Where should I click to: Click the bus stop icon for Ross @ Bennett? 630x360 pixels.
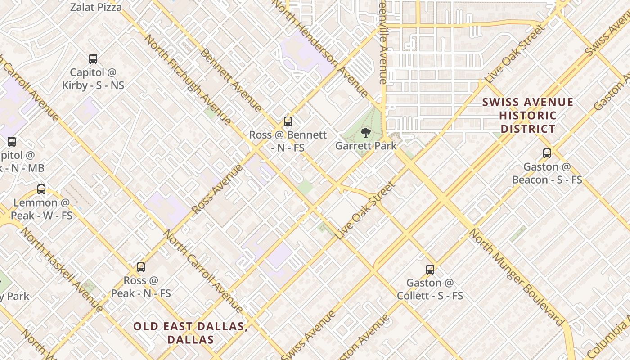coord(288,121)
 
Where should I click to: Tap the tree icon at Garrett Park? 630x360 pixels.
coord(366,132)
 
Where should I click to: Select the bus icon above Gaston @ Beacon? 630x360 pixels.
coord(547,153)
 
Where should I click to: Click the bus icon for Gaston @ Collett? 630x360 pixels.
coord(430,270)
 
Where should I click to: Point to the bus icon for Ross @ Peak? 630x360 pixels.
coord(141,267)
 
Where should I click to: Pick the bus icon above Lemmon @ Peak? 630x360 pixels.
coord(41,189)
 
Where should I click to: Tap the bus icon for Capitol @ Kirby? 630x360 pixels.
coord(93,59)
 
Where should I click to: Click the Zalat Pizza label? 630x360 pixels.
coord(96,7)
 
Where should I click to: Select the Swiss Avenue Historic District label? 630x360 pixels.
coord(528,115)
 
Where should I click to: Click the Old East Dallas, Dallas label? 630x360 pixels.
coord(190,333)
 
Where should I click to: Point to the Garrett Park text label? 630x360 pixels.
coord(366,146)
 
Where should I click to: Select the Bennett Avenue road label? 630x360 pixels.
coord(230,80)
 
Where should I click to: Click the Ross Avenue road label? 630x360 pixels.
coord(217,189)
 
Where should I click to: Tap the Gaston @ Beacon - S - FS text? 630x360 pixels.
coord(547,173)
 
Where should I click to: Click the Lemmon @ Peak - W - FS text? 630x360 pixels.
coord(41,209)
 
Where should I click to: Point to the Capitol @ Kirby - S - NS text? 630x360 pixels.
coord(93,79)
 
